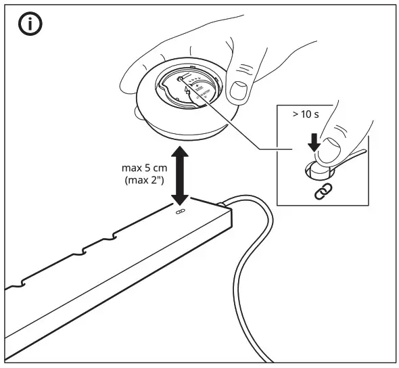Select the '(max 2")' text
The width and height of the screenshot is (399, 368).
[x=141, y=181]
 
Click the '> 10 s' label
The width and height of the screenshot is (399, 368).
[x=307, y=114]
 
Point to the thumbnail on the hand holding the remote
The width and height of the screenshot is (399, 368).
[x=237, y=90]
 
